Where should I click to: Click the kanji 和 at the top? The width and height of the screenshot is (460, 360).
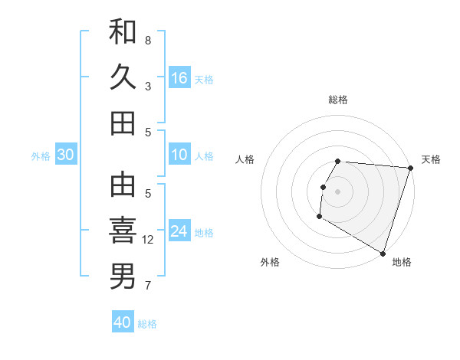point(123,32)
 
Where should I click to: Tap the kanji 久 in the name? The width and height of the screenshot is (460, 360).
point(123,77)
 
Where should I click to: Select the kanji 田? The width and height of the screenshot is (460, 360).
point(123,123)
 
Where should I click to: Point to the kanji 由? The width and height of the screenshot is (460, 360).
point(123,185)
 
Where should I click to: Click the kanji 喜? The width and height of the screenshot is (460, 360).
point(123,231)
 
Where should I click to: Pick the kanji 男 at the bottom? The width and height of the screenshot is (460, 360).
point(123,277)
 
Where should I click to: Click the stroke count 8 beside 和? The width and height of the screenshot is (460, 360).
point(147,40)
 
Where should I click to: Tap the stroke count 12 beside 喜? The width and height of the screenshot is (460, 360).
point(149,240)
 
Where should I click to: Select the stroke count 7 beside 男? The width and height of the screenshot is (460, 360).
point(147,286)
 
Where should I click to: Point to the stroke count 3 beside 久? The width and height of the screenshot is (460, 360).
point(147,86)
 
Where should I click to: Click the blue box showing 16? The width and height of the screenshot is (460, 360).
point(179,77)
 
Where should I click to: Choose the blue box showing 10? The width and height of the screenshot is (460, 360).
point(179,155)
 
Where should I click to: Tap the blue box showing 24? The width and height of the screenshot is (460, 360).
point(179,231)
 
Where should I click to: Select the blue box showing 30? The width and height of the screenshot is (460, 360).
point(65,155)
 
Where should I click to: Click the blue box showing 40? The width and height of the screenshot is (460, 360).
point(123,322)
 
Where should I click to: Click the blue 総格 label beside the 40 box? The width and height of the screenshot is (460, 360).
point(147,324)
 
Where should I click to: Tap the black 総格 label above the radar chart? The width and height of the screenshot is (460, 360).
point(338,100)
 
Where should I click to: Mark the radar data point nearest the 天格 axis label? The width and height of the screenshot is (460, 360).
point(410,168)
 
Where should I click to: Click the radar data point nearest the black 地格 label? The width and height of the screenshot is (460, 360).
point(383,253)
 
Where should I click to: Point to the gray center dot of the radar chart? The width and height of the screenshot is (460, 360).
point(337,191)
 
